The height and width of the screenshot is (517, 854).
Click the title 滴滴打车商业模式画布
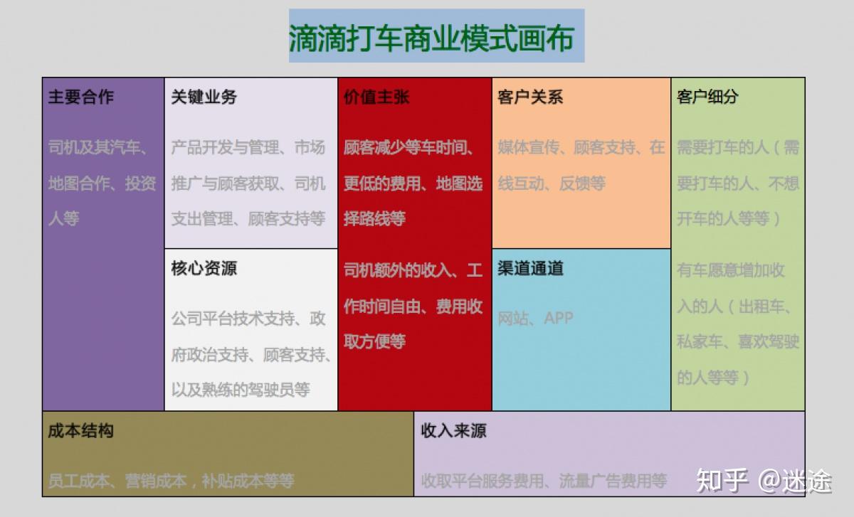(436, 37)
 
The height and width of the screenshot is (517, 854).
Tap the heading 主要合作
(81, 97)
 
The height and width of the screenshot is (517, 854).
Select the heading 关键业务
(204, 97)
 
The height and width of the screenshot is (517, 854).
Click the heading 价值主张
(376, 97)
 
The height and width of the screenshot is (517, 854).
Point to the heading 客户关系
(530, 97)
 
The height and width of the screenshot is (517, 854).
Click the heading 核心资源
(204, 269)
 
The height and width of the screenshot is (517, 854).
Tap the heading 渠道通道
(530, 268)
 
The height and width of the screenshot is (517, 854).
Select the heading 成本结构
(81, 431)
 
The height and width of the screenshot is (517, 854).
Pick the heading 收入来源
(453, 431)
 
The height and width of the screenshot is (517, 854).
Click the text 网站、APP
(535, 318)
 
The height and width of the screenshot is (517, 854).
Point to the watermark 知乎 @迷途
(764, 481)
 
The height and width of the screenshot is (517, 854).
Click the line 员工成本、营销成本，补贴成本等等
(171, 481)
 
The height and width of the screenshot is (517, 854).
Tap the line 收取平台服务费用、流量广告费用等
(544, 481)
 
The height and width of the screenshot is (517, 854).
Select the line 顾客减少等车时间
(410, 148)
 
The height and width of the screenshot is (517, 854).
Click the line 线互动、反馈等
(552, 183)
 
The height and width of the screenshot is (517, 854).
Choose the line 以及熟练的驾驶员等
(241, 390)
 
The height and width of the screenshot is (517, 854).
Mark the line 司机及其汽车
(98, 148)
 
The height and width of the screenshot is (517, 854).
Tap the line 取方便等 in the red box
(374, 341)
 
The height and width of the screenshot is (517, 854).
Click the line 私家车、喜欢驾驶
(737, 341)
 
